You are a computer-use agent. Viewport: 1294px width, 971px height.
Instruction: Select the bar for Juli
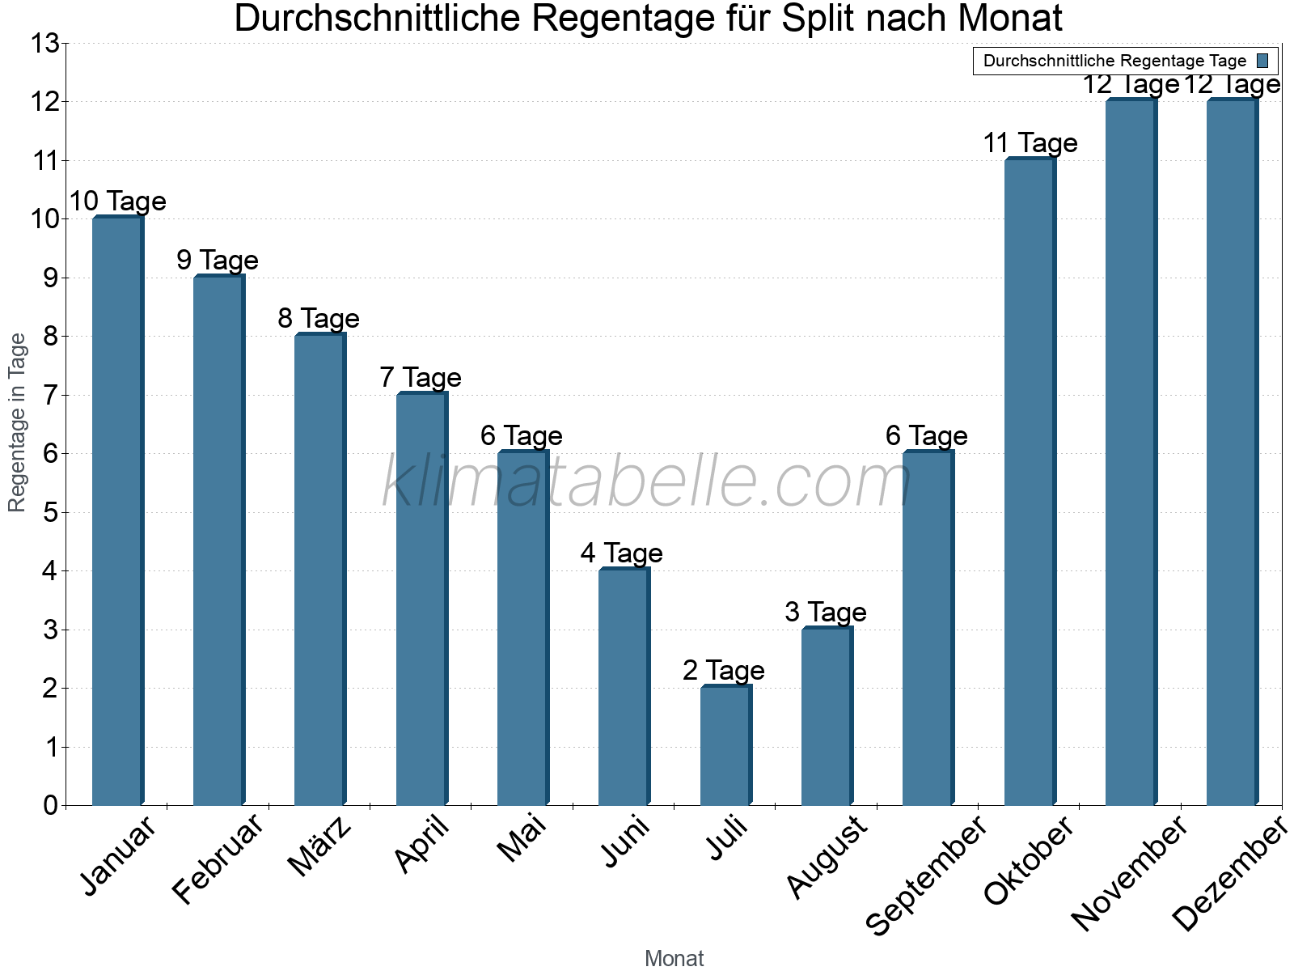click(x=725, y=745)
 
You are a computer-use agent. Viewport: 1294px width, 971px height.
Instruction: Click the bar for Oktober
click(x=1030, y=482)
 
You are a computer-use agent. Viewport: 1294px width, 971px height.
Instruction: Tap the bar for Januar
click(x=117, y=511)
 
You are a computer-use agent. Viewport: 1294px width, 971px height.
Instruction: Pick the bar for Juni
click(x=624, y=687)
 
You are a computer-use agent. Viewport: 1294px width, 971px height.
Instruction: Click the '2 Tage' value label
click(x=723, y=670)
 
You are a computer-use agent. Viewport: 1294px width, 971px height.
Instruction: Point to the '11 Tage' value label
click(x=1030, y=143)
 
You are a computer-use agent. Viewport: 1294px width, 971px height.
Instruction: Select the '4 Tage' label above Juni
click(x=621, y=553)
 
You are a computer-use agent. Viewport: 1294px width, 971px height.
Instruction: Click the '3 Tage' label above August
click(x=825, y=612)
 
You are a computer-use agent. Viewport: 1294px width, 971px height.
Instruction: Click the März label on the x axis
click(x=320, y=846)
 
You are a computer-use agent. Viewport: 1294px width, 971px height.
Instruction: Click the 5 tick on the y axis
click(x=50, y=512)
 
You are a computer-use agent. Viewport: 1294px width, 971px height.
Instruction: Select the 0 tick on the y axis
click(x=50, y=805)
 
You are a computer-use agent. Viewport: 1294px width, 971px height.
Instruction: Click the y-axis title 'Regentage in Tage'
click(x=17, y=422)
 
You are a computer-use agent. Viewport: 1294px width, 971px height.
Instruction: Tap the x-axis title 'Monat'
click(x=674, y=958)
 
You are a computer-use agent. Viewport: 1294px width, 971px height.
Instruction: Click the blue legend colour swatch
click(x=1262, y=61)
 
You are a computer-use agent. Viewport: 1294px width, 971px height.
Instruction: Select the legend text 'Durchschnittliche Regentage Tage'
click(x=1114, y=61)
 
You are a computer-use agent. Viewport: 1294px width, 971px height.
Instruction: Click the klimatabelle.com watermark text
click(x=645, y=482)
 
